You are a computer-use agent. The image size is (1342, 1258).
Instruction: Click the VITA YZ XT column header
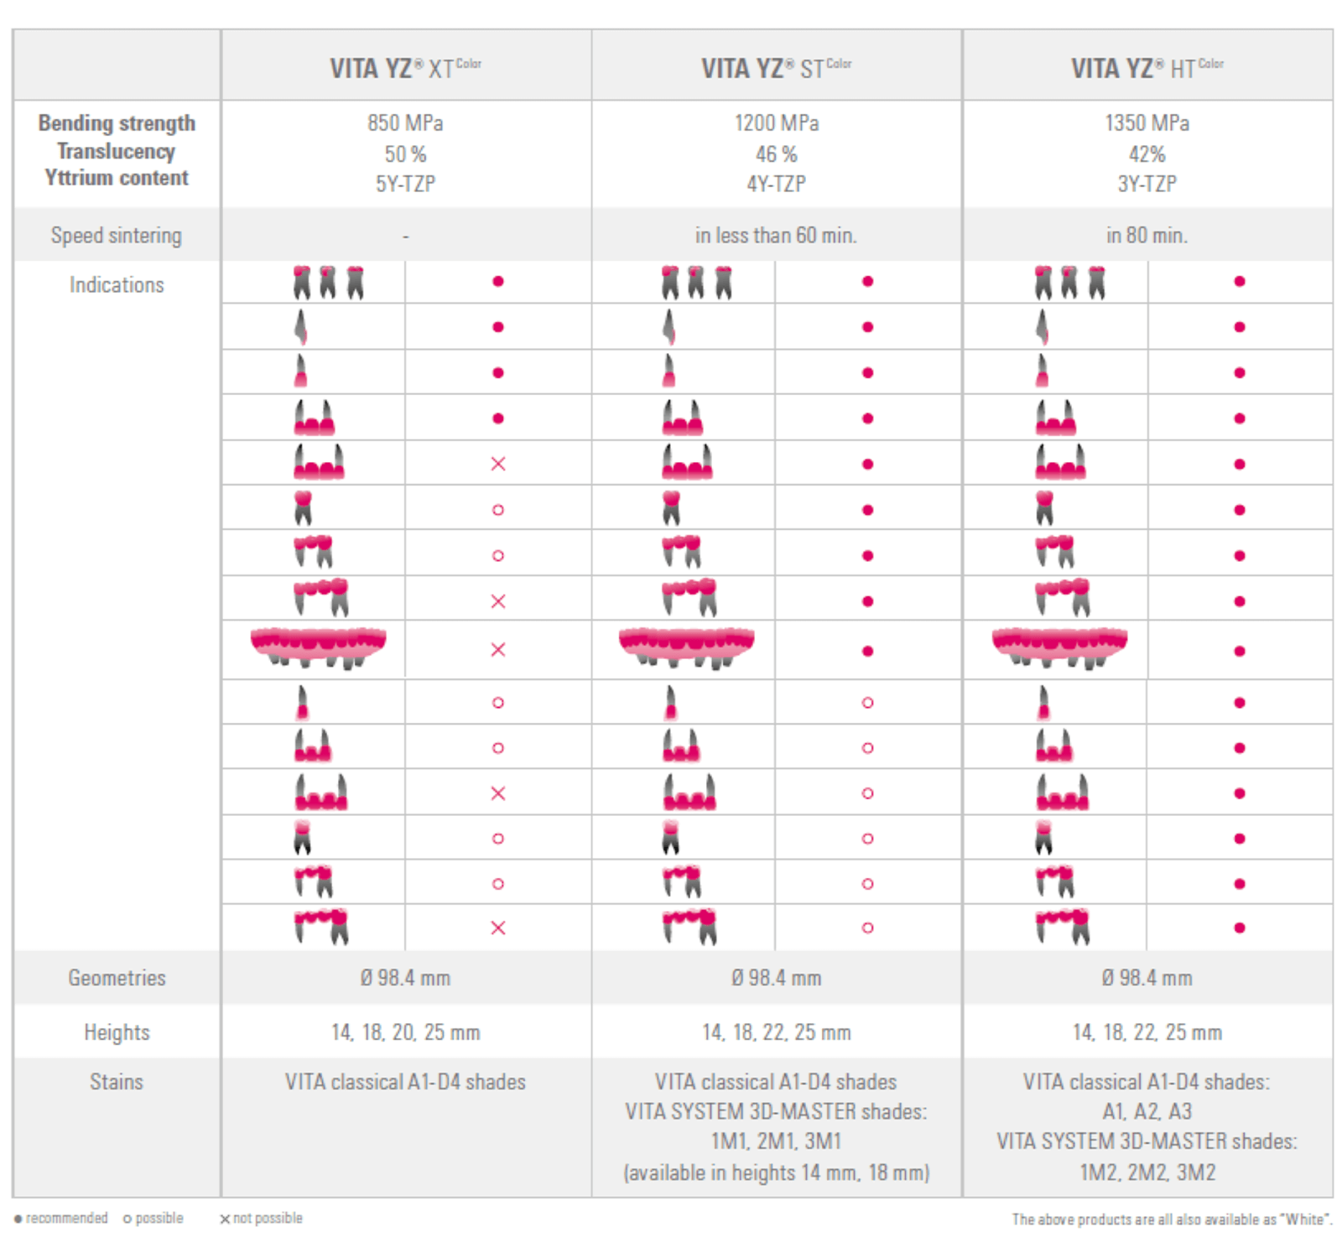[x=405, y=67]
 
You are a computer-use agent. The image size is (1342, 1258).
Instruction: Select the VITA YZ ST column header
[x=776, y=67]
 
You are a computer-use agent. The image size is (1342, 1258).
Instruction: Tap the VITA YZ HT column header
[x=1147, y=67]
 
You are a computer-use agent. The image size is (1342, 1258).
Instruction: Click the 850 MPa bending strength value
[x=405, y=123]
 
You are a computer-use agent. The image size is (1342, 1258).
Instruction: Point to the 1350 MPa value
[x=1147, y=123]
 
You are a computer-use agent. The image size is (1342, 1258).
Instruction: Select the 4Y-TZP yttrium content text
[x=776, y=184]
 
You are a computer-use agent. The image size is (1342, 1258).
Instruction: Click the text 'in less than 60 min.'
[x=776, y=236]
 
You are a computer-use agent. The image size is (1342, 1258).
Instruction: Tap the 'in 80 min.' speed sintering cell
[x=1147, y=236]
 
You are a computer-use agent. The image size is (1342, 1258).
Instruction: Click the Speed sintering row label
[x=117, y=236]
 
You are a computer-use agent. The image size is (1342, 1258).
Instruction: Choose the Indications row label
[x=117, y=285]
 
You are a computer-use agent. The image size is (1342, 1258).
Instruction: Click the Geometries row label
[x=117, y=978]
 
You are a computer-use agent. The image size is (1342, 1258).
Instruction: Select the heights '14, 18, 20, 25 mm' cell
[x=405, y=1032]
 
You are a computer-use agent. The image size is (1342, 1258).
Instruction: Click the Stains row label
[x=117, y=1082]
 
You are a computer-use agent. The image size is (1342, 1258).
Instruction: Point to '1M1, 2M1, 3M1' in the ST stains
[x=776, y=1141]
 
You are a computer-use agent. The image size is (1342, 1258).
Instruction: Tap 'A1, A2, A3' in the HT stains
[x=1147, y=1112]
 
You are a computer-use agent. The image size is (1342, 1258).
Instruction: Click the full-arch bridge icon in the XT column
[x=319, y=647]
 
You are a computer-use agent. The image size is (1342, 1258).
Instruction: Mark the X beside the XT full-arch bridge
[x=498, y=650]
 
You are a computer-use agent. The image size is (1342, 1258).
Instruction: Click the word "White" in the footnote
[x=1305, y=1219]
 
